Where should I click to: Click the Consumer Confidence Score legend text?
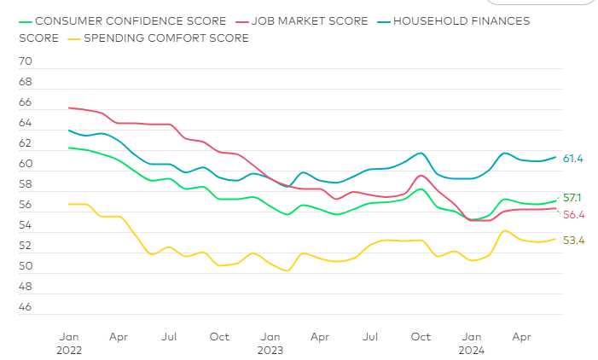[131, 20]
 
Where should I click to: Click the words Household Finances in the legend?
[464, 20]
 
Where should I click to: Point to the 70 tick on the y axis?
[25, 62]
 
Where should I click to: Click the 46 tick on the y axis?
[25, 308]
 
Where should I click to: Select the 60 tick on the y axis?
[25, 165]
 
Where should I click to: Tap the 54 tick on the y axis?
[25, 226]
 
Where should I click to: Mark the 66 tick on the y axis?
[25, 103]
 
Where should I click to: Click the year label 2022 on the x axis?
[68, 350]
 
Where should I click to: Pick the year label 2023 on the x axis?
[270, 350]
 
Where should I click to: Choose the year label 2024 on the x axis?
[471, 350]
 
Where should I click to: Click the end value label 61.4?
[573, 159]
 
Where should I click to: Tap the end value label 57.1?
[573, 198]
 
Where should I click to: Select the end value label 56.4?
[573, 215]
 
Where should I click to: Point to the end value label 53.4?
[573, 241]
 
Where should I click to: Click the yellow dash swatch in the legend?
[74, 38]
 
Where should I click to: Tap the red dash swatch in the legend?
[241, 20]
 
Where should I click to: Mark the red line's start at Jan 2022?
[68, 107]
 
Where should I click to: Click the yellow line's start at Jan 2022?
[68, 204]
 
